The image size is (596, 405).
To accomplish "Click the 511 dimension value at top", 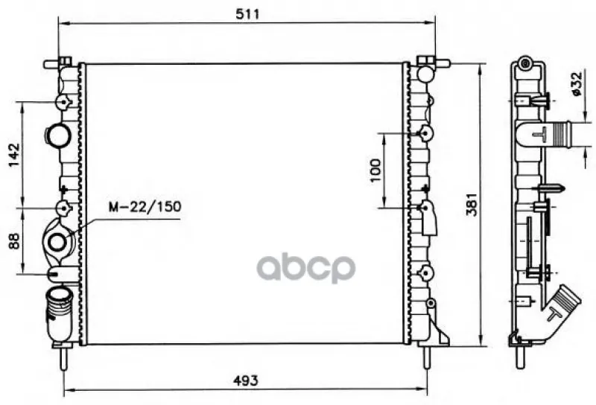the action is [247, 14].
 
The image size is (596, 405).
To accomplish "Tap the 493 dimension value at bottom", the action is [246, 380].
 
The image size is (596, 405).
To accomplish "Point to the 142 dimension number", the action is [14, 155].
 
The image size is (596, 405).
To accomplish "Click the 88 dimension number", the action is [14, 241].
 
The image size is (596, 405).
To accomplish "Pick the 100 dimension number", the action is [375, 170].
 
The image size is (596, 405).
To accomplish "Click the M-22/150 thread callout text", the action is [145, 207].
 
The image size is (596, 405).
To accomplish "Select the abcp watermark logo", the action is [306, 268].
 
